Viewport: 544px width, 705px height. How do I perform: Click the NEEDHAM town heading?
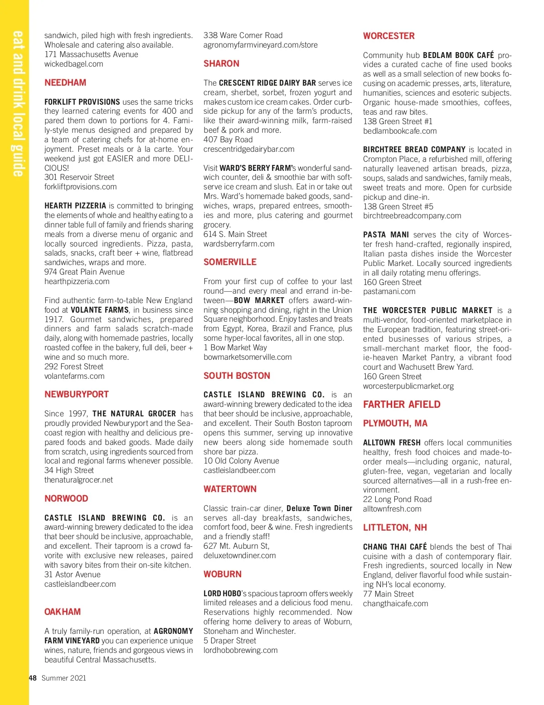(65, 82)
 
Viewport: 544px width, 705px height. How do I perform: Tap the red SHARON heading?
(221, 63)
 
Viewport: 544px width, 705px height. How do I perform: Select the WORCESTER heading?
(389, 36)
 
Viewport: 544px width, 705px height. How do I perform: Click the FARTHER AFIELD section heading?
(401, 404)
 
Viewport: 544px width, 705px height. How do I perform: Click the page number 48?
(33, 678)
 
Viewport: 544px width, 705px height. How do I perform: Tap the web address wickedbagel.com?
(73, 64)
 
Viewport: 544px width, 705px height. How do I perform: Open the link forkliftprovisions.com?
(80, 187)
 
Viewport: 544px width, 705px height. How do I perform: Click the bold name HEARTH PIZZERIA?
(75, 206)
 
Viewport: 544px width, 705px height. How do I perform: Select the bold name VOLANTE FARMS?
(100, 310)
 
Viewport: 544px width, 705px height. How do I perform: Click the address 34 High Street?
(69, 470)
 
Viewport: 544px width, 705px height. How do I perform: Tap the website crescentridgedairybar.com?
(249, 149)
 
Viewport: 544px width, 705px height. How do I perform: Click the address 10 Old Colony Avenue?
(241, 461)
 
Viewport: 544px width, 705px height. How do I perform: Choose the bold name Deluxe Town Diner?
(319, 508)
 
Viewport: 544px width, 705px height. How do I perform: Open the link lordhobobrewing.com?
(240, 650)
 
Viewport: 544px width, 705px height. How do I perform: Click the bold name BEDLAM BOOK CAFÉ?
(458, 55)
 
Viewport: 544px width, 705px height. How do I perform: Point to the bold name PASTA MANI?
(386, 235)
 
